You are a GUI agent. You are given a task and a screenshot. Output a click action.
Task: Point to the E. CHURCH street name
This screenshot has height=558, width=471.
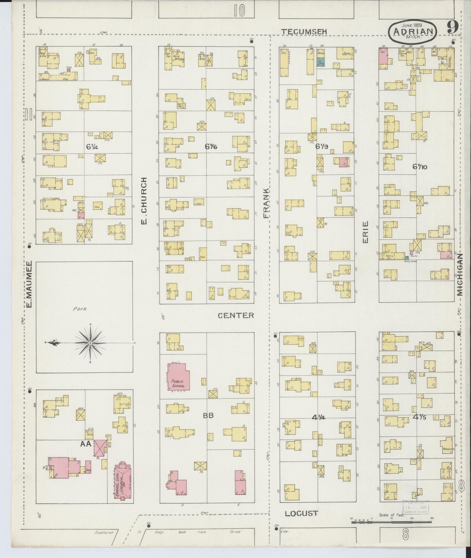144,201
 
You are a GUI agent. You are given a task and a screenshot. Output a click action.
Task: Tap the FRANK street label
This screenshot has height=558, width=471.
267,203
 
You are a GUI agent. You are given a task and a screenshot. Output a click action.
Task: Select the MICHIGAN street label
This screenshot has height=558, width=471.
460,275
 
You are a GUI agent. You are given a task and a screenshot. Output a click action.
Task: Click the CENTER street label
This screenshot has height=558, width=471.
236,315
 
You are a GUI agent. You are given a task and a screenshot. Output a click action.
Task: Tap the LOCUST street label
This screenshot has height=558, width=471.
301,513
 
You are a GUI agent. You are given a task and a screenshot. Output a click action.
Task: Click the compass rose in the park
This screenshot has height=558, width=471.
90,343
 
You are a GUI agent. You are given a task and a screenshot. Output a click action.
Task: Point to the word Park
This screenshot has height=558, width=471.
80,308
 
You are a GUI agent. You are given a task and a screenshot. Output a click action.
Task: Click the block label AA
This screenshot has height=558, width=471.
86,444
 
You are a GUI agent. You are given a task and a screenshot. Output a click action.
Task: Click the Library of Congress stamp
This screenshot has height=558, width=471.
416,508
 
